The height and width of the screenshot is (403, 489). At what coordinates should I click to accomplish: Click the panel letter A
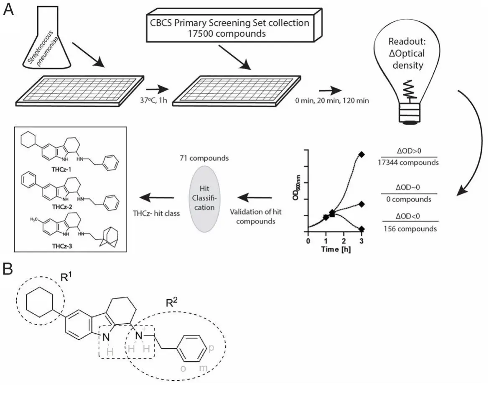(9, 10)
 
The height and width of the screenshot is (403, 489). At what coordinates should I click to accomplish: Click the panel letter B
(9, 270)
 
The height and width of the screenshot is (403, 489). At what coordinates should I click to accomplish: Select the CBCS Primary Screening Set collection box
(230, 28)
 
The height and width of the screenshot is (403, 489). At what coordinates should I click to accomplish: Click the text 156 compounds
(410, 229)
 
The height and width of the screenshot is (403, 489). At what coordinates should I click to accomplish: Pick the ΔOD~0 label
(409, 186)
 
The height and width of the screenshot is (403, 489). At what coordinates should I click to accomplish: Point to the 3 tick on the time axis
(361, 241)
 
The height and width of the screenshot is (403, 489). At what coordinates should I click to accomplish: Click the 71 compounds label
(206, 159)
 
